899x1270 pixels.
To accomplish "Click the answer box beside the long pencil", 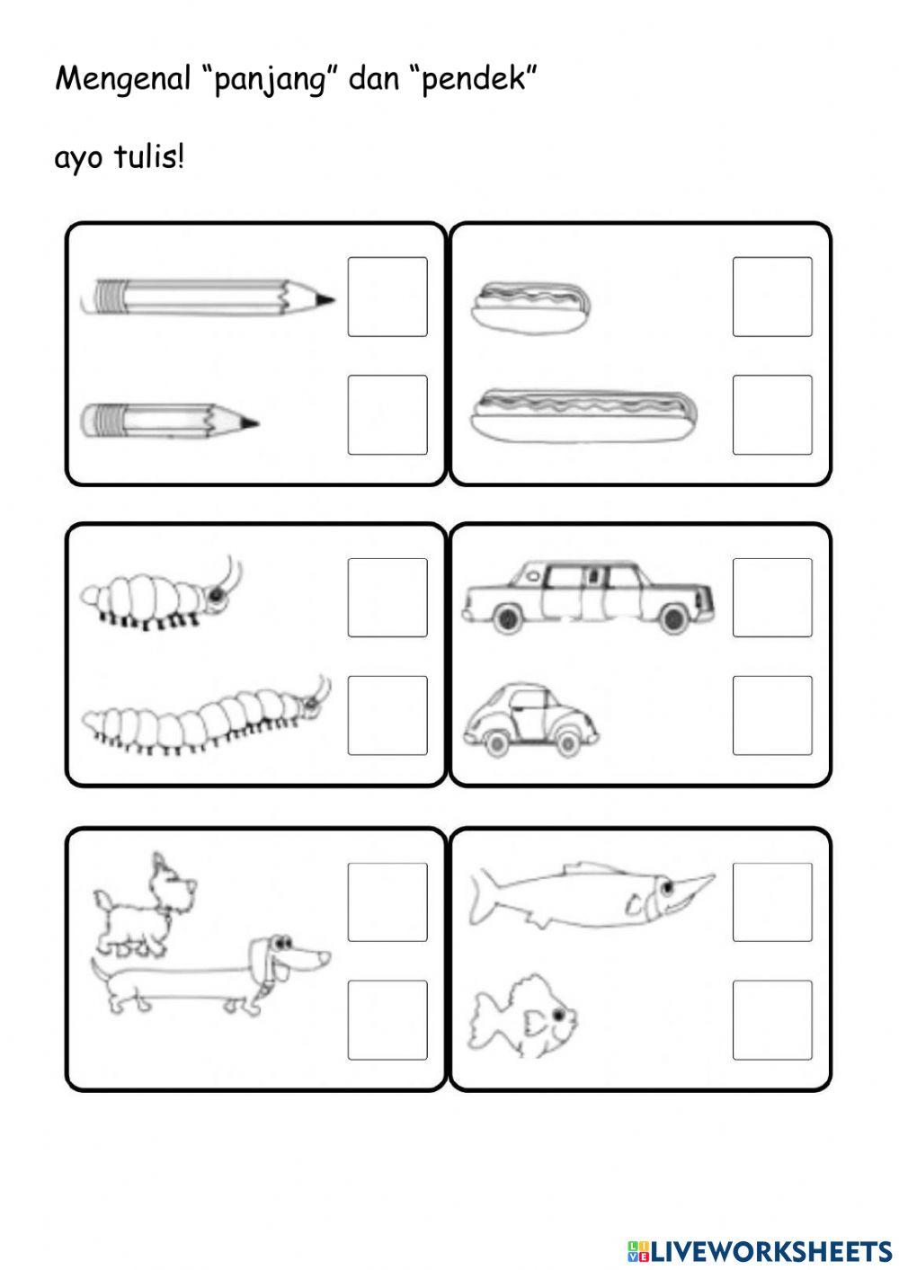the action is point(387,297).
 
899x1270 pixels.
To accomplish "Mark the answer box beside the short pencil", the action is point(387,414).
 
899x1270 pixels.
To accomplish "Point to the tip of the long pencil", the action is point(334,298).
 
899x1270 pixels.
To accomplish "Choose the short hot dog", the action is point(532,307).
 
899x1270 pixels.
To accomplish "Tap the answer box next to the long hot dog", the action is point(772,414).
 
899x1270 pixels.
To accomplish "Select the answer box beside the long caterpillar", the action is point(387,715).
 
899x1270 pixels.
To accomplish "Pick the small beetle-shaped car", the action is point(530,719).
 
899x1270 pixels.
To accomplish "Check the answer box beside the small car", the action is point(772,715).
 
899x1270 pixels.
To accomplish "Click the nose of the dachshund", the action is point(324,956).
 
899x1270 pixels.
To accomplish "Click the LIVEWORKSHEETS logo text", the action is point(760,1250).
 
